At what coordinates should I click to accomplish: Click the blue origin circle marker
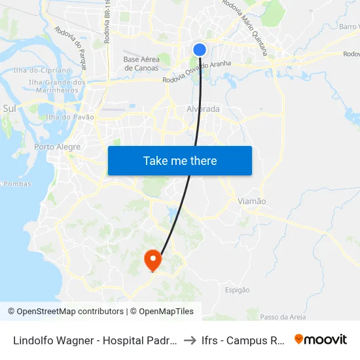pos(200,50)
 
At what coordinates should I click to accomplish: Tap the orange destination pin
pos(153,259)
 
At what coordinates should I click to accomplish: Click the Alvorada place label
pos(203,109)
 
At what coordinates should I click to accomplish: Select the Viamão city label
pos(252,202)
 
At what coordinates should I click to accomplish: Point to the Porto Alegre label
pos(57,147)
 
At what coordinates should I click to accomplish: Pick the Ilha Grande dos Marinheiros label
pos(58,86)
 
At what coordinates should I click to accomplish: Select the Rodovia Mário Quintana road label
pos(245,26)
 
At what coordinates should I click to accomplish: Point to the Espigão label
pos(237,290)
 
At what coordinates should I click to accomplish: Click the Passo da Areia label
pos(283,317)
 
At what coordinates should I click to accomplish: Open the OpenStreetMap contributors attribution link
pos(66,312)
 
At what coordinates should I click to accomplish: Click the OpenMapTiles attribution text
pos(164,312)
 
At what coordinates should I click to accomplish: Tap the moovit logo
pos(321,340)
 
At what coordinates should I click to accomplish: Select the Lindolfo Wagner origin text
pos(95,340)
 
